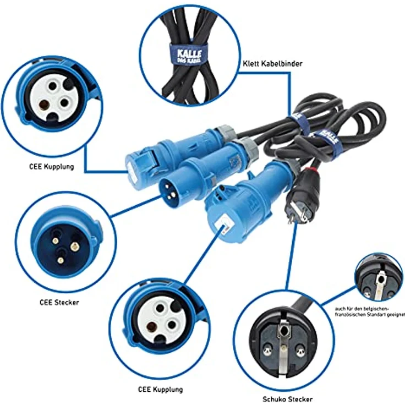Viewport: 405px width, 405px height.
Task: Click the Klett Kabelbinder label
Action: tap(272, 63)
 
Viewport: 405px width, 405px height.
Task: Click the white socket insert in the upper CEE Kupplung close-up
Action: tap(53, 94)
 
